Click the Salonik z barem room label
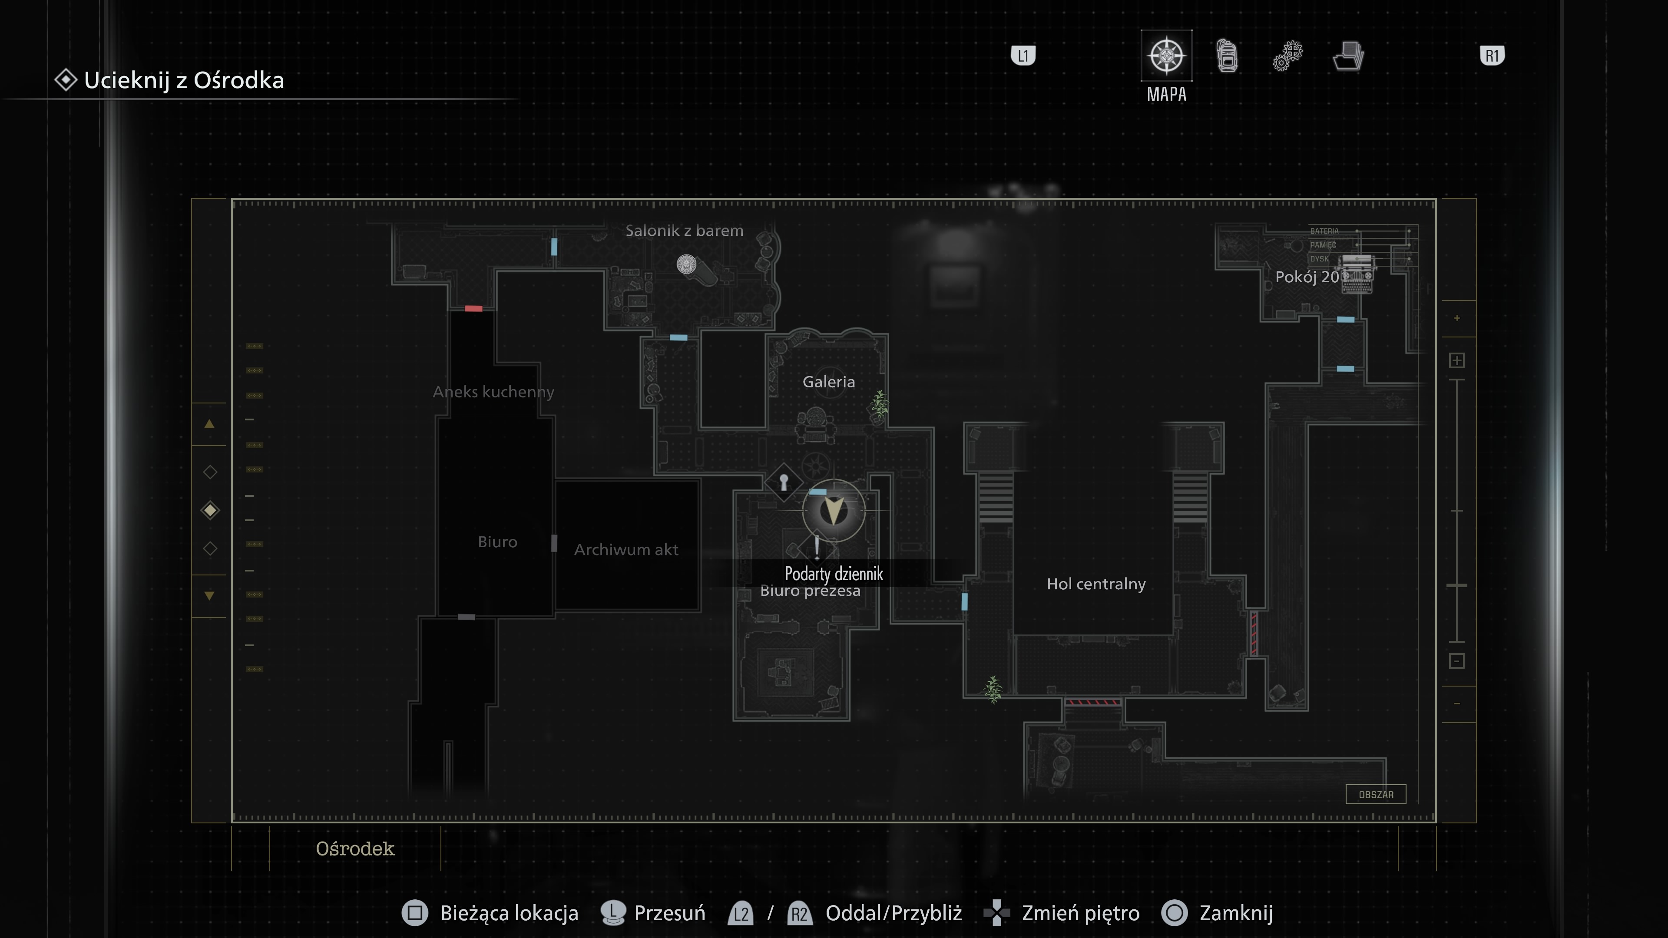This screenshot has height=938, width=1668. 684,231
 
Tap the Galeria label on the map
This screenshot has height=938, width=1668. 828,382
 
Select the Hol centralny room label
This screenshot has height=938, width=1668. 1095,584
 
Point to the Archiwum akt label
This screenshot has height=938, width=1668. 625,550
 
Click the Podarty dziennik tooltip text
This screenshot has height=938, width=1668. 834,574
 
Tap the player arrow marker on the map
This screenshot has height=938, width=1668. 834,511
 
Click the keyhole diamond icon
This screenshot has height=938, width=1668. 784,482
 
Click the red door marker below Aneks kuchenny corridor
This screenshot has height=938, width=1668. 473,309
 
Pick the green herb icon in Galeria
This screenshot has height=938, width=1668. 879,405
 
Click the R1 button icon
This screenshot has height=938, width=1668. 1491,56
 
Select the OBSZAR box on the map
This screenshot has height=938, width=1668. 1375,794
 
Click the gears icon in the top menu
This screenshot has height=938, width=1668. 1287,56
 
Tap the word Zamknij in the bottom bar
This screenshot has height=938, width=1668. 1235,913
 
